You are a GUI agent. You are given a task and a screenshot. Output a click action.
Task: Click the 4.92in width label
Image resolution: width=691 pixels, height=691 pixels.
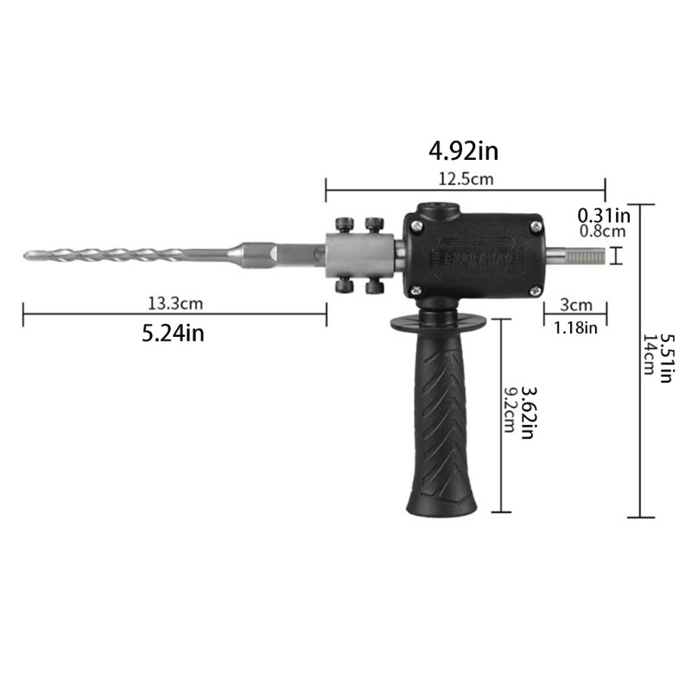464,152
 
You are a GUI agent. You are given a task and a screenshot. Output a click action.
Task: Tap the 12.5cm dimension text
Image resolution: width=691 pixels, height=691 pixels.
465,179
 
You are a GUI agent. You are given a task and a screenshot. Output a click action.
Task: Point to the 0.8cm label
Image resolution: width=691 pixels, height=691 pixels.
603,231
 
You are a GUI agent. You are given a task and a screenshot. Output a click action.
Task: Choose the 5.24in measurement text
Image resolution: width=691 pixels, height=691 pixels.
173,333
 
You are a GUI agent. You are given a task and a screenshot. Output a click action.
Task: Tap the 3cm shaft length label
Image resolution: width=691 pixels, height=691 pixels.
574,305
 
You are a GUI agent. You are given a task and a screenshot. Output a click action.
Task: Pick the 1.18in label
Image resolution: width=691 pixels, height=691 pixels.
574,327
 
